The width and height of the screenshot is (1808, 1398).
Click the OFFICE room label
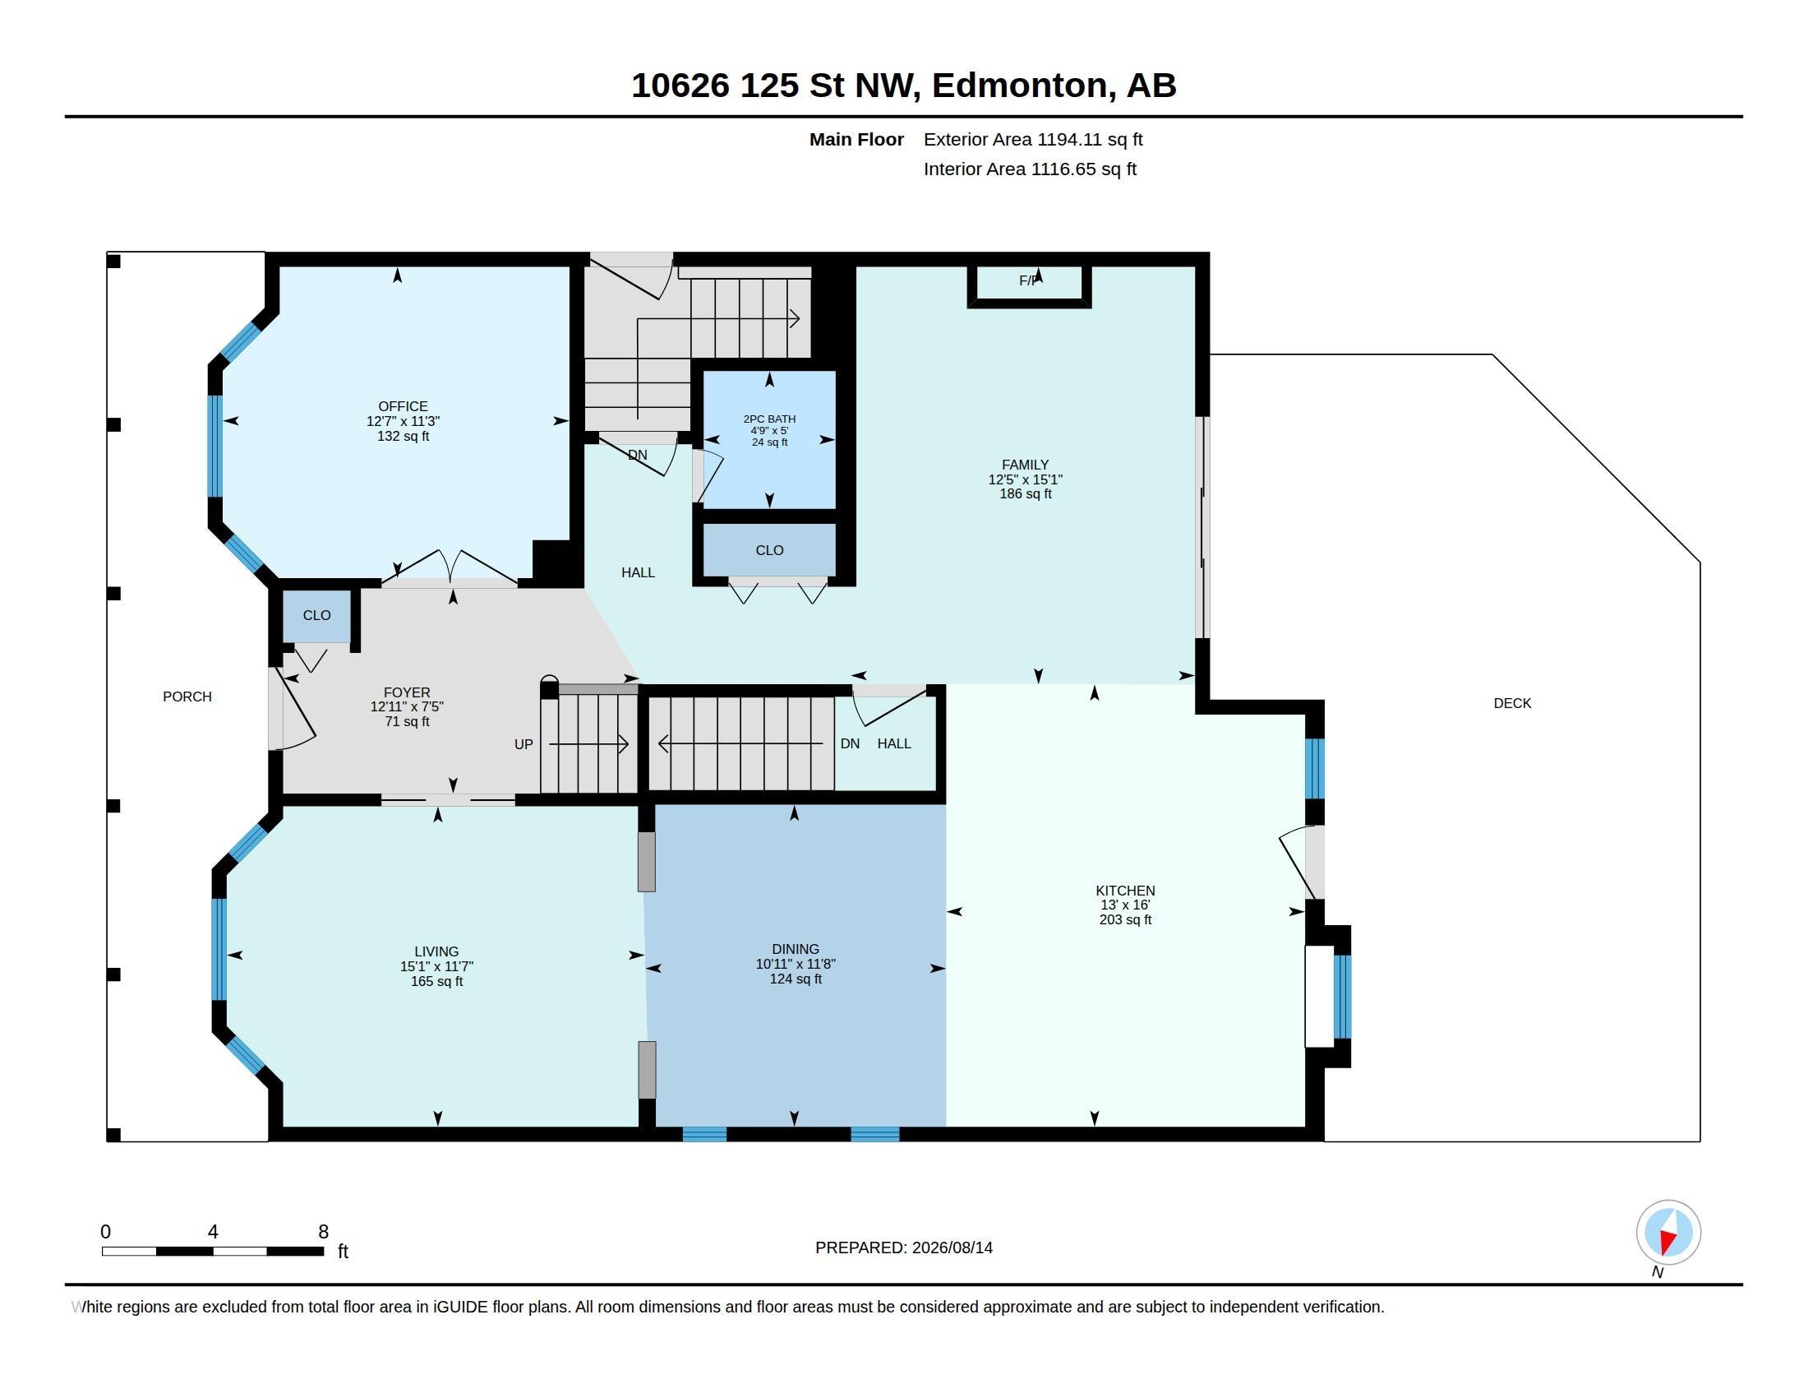[x=404, y=406]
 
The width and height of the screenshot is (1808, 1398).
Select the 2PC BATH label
[x=769, y=419]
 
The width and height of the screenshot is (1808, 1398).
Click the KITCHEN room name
[x=1125, y=891]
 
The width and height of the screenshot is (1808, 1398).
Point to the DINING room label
[x=796, y=949]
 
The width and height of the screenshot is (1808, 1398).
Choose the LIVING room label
[x=436, y=951]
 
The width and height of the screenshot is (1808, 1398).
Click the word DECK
[x=1512, y=703]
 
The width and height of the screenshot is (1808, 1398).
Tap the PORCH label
[x=187, y=697]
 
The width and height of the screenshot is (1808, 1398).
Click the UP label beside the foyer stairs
[x=523, y=744]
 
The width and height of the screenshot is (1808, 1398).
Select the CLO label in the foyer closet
[x=317, y=615]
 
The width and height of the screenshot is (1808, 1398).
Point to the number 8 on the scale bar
[x=324, y=1232]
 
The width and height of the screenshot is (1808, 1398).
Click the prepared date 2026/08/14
[x=952, y=1248]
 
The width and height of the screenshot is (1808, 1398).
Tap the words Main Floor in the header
[x=856, y=139]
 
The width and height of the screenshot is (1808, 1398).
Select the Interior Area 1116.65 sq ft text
[x=1030, y=169]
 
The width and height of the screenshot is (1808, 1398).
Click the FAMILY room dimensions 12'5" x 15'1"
[x=1025, y=479]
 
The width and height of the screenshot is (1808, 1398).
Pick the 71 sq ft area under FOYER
[x=407, y=721]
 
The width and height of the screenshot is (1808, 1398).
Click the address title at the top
[x=903, y=86]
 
